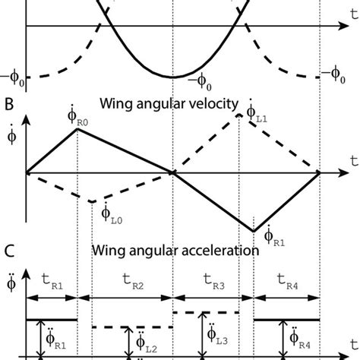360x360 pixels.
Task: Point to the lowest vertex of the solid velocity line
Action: click(x=254, y=231)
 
